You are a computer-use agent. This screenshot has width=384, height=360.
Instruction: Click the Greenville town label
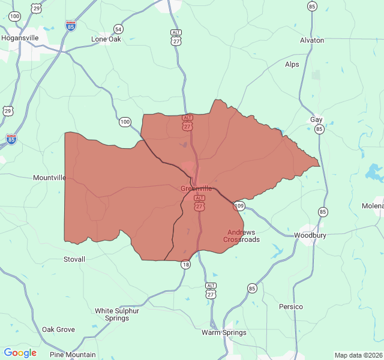coord(196,188)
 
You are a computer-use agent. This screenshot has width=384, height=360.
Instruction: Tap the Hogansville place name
coord(20,37)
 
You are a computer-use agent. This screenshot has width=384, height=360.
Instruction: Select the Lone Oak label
coord(106,39)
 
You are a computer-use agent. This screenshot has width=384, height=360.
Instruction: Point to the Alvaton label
coord(312,40)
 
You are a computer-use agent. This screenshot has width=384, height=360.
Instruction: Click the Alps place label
coord(292,64)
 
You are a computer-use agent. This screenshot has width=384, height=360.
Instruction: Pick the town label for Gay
coord(316,119)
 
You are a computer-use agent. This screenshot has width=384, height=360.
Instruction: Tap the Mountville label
coord(50,178)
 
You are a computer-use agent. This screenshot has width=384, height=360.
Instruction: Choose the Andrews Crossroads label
coord(241,236)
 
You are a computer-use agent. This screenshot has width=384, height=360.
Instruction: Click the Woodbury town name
coord(310,235)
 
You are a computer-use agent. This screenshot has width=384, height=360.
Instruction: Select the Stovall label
coord(74,259)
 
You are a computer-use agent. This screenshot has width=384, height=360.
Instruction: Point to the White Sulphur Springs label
coord(117,314)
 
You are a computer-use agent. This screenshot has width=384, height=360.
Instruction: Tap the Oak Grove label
coord(58,329)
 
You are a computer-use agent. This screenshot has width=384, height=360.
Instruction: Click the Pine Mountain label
coord(73,355)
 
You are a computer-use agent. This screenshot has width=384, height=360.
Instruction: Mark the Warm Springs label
coord(224,332)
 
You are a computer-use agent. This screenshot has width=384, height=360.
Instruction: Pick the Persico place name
coord(291,307)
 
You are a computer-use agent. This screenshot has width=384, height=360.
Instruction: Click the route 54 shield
coord(118,29)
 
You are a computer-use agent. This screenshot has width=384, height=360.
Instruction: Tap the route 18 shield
coord(185,265)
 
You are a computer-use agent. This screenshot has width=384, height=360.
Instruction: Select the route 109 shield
coord(239,206)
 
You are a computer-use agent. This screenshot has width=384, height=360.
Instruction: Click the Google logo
coord(20,353)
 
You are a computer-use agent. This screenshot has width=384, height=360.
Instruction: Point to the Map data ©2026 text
coord(358,355)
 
